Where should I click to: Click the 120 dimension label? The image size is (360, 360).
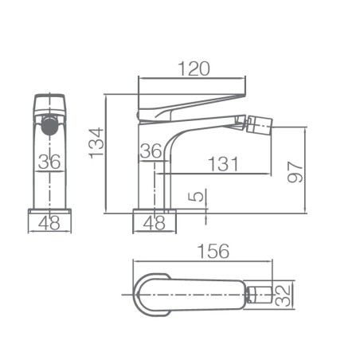(194, 68)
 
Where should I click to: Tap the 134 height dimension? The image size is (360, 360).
(96, 143)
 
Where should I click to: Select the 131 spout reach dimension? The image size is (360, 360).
(223, 164)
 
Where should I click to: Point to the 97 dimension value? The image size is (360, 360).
(295, 172)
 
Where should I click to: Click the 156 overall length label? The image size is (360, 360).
(213, 251)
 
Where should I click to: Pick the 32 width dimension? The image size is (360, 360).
(283, 295)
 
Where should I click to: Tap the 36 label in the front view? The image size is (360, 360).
(49, 161)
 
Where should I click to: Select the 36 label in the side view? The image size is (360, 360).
(151, 151)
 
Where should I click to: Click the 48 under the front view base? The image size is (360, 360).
(49, 222)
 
